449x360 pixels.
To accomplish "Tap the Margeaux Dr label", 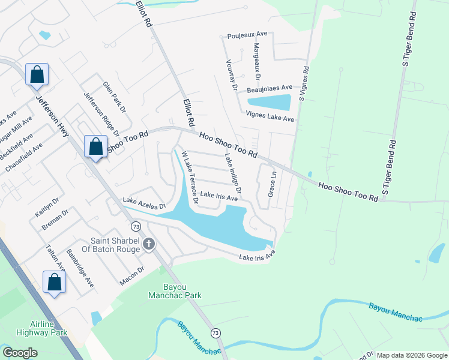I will [x=257, y=62].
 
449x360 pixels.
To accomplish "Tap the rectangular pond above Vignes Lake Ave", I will [x=269, y=103].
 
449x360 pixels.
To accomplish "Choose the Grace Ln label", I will [x=271, y=185].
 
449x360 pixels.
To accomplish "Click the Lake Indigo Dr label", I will [x=233, y=173].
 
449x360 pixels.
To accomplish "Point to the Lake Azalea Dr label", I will [x=144, y=203].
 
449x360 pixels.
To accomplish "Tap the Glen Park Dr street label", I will [x=114, y=98].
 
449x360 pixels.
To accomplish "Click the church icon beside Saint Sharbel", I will [x=148, y=244].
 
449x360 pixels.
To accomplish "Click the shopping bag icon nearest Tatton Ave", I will [x=54, y=282].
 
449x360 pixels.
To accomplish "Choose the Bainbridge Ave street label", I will [x=80, y=268].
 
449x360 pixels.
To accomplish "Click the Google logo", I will [x=19, y=353].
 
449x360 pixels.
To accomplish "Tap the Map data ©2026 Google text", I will [x=412, y=355].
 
